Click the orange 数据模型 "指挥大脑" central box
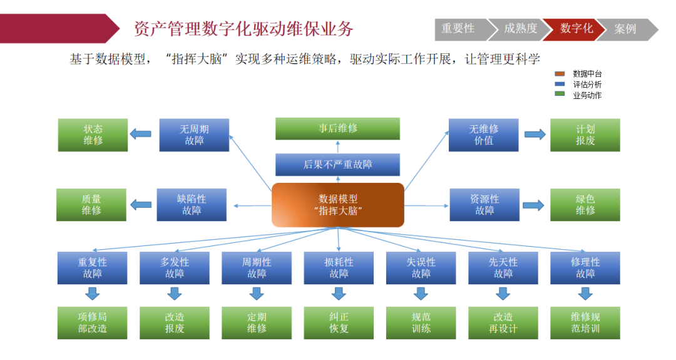(x=338, y=205)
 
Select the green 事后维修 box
(x=338, y=128)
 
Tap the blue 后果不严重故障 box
(x=338, y=165)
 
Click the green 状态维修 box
(x=93, y=135)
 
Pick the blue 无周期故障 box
(x=194, y=135)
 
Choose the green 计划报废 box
(x=585, y=135)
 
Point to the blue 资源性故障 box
(x=484, y=205)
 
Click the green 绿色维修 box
(x=585, y=205)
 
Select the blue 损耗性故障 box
(x=339, y=268)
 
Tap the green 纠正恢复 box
(x=339, y=322)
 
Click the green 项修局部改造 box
(x=93, y=322)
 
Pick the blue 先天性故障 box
(x=503, y=268)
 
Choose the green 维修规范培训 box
(x=585, y=322)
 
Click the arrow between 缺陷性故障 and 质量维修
(x=140, y=205)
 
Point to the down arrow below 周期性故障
(x=257, y=293)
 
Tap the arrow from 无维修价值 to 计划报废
(x=534, y=134)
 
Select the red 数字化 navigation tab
(x=575, y=29)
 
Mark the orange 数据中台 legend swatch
(x=560, y=74)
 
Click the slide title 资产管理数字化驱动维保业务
(x=244, y=29)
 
